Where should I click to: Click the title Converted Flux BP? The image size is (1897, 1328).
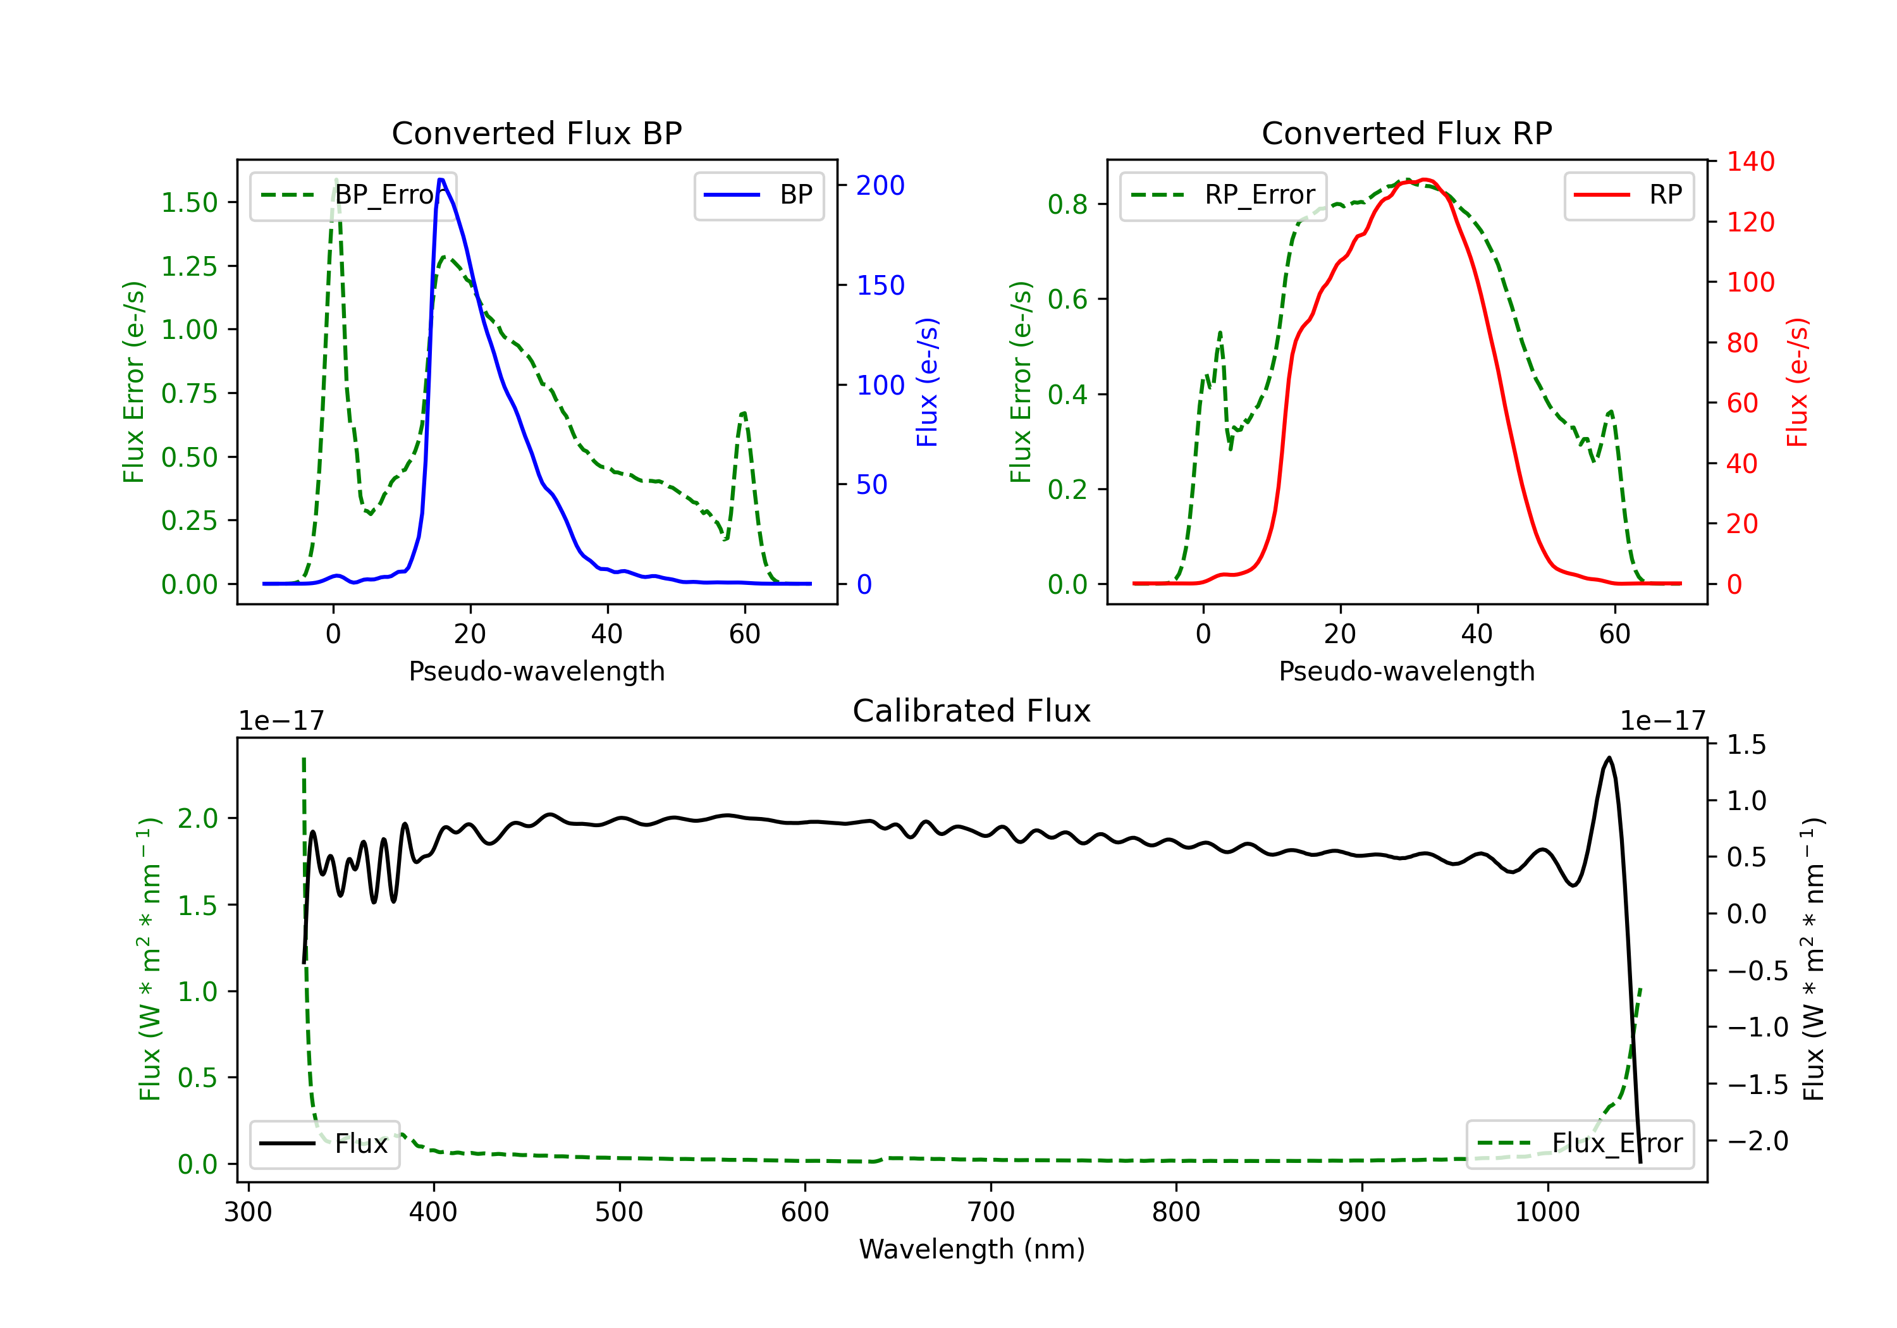pos(536,133)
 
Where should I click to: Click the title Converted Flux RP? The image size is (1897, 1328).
pos(1406,133)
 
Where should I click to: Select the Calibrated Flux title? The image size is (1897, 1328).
pos(972,711)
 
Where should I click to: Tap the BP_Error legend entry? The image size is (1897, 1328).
pos(353,195)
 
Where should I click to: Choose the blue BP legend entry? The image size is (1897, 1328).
pos(758,195)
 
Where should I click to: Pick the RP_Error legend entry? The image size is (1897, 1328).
pos(1223,195)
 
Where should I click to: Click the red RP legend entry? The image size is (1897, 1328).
pos(1628,195)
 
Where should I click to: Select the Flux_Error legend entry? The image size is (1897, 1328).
pos(1580,1144)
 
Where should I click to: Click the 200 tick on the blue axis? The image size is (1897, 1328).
pos(880,185)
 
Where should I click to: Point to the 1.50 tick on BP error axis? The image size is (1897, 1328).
pos(189,202)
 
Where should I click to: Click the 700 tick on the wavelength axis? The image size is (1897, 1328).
pos(991,1212)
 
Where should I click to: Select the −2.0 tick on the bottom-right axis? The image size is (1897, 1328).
pos(1757,1141)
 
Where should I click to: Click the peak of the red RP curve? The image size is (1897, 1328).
pos(1423,180)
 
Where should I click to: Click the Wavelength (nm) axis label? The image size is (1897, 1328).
pos(972,1250)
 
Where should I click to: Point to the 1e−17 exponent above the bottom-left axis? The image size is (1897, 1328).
pos(281,721)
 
